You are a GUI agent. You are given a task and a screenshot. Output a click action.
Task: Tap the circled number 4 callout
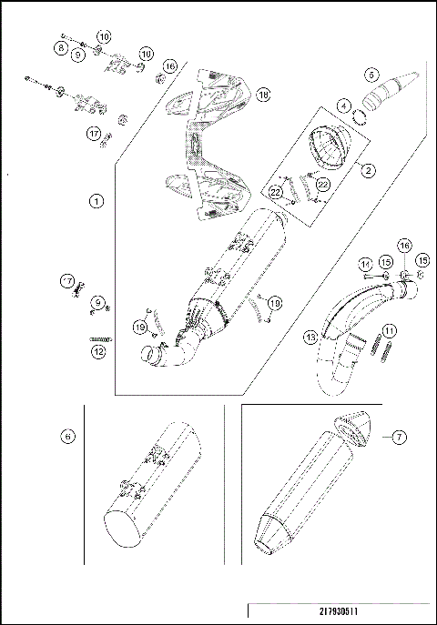pyautogui.click(x=343, y=106)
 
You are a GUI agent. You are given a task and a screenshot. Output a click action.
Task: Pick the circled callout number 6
pyautogui.click(x=67, y=436)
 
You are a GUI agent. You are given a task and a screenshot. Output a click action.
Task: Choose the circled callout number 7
pyautogui.click(x=397, y=438)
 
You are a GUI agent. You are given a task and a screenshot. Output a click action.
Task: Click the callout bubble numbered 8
pyautogui.click(x=60, y=46)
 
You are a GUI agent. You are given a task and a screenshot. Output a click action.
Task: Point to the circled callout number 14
pyautogui.click(x=365, y=264)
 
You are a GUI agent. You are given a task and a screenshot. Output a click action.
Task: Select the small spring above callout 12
pyautogui.click(x=95, y=338)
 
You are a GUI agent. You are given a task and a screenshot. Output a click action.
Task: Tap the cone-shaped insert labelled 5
pyautogui.click(x=392, y=92)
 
